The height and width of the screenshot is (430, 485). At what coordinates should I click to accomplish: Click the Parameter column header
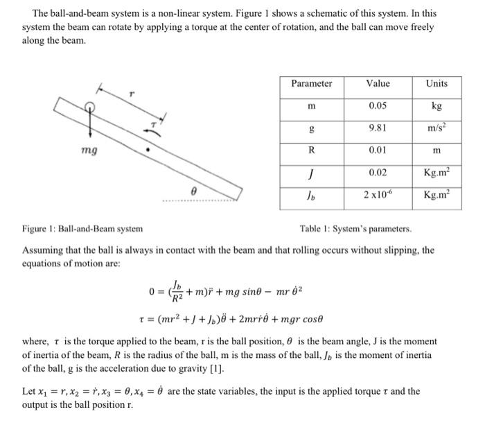click(x=311, y=84)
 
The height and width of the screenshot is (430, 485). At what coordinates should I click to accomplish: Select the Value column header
click(x=378, y=84)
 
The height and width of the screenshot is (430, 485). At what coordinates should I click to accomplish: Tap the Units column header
click(x=436, y=84)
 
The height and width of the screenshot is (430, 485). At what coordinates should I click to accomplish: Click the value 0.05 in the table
click(x=378, y=106)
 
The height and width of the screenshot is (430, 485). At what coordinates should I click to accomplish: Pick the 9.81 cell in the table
click(x=378, y=128)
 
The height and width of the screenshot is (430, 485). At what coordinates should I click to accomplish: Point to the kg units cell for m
click(x=436, y=106)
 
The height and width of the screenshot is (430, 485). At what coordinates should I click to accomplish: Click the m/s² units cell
click(x=436, y=128)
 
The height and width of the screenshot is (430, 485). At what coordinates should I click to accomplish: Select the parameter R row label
click(x=311, y=150)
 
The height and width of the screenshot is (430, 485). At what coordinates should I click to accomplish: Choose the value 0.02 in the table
click(x=378, y=172)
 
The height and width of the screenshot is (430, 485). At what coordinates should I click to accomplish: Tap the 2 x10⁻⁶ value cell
click(x=378, y=194)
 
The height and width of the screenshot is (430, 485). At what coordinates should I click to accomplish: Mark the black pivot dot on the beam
click(x=146, y=148)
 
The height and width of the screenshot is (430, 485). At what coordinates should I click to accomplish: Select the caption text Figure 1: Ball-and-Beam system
click(x=83, y=228)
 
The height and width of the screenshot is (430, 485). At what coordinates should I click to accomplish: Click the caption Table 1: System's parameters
click(x=355, y=228)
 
